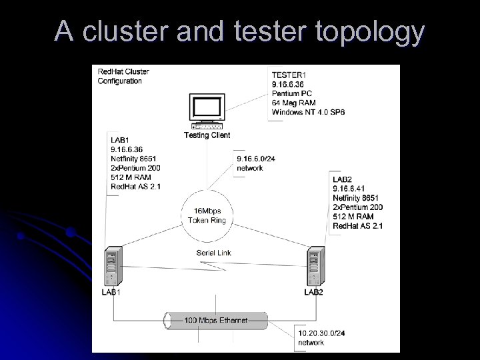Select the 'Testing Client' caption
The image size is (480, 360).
(x=207, y=135)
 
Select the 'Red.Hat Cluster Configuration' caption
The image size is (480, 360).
(x=123, y=76)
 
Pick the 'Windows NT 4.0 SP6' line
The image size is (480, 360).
(x=308, y=113)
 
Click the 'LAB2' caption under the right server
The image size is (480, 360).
(x=314, y=293)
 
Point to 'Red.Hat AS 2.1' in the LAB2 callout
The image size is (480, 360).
(x=358, y=227)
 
